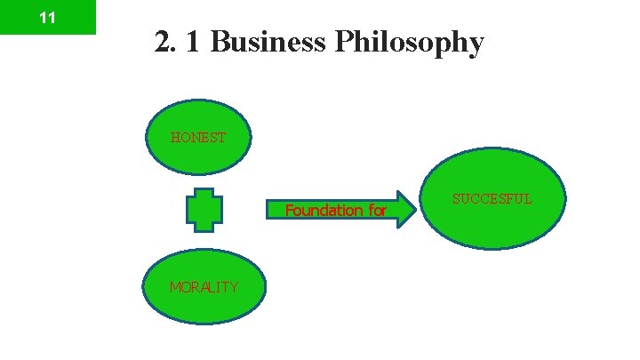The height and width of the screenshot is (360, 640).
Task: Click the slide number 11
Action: (48, 18)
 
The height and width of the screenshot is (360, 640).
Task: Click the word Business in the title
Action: (268, 42)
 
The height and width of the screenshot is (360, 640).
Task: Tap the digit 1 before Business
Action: (192, 42)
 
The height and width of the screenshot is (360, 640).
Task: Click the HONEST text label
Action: (199, 138)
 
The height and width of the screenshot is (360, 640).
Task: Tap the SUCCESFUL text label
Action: (492, 199)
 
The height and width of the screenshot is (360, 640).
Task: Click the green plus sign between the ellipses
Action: (204, 210)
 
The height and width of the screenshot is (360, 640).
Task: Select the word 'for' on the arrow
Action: (375, 211)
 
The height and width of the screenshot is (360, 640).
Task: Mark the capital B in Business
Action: (220, 42)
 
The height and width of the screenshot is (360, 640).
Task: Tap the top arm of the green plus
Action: (204, 194)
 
